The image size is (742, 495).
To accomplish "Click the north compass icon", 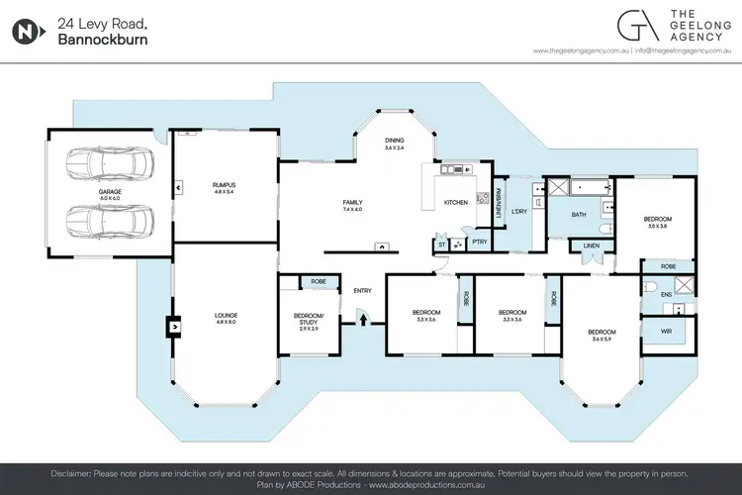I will coord(28,30).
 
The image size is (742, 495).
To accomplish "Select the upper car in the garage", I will coord(111,164).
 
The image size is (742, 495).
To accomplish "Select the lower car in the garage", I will coord(111,220).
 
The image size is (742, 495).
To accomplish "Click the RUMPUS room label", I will coord(224,185).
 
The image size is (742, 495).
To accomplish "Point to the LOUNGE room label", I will coord(226,316).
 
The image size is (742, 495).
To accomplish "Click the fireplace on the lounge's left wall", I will coord(174,323).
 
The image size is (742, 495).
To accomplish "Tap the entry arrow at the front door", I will coord(362,318).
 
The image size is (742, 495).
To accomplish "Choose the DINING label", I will coord(395,141).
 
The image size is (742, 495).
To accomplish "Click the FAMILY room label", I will coord(352,202).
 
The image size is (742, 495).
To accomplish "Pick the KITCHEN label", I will coord(455,202).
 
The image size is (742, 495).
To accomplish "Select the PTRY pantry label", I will coord(479,241).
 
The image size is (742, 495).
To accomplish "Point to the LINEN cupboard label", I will coord(592,245).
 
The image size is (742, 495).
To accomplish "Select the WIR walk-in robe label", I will coord(666,330).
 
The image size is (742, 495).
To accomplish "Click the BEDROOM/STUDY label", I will coord(306,319).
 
